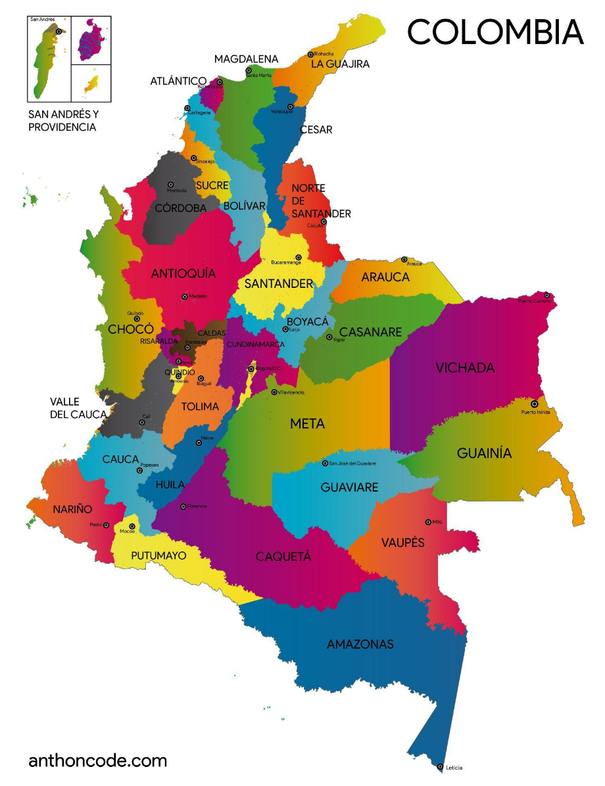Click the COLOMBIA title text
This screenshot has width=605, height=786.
[x=495, y=32]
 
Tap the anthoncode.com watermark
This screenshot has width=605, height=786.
[x=97, y=761]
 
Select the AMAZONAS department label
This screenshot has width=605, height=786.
[x=360, y=644]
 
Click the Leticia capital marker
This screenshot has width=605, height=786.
[x=440, y=766]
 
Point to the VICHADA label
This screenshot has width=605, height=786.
[x=465, y=368]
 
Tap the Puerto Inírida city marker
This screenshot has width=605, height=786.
[x=534, y=404]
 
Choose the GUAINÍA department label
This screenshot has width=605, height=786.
[x=484, y=453]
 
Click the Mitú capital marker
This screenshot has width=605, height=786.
[x=428, y=522]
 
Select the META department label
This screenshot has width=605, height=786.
[x=308, y=424]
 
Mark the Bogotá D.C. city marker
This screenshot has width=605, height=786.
[x=251, y=369]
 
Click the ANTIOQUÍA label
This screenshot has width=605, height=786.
[x=183, y=273]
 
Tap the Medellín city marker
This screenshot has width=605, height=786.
[x=185, y=296]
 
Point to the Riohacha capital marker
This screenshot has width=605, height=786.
[x=310, y=55]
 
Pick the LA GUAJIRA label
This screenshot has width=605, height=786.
[x=340, y=64]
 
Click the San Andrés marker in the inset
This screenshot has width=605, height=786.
[x=59, y=31]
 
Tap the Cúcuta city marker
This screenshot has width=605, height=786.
[x=324, y=221]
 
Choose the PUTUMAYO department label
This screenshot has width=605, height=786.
[x=158, y=556]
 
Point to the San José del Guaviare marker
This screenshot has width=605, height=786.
[x=324, y=463]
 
